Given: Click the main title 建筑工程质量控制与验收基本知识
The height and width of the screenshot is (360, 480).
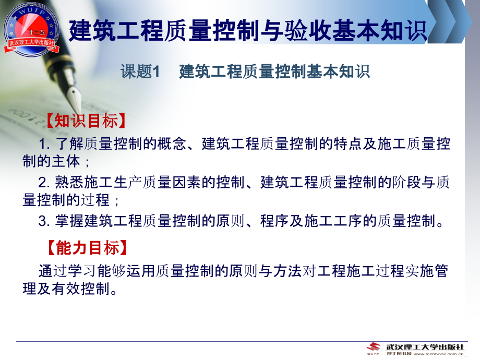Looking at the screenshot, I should (x=248, y=31).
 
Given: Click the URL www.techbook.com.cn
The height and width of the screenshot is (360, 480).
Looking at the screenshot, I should (x=438, y=354).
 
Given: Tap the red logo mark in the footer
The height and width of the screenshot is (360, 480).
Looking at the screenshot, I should (x=374, y=347).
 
